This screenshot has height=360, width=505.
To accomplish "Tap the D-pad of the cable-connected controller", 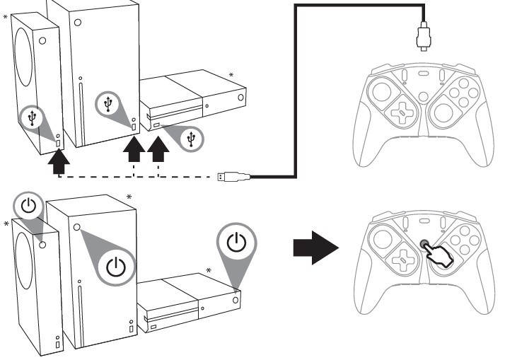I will coord(400,112).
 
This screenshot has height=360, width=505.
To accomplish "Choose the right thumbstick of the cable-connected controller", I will coord(447,110).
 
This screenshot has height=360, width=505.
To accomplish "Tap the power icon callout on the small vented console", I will coord(28,207).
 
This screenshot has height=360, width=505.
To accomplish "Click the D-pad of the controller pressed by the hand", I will coord(400,261).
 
